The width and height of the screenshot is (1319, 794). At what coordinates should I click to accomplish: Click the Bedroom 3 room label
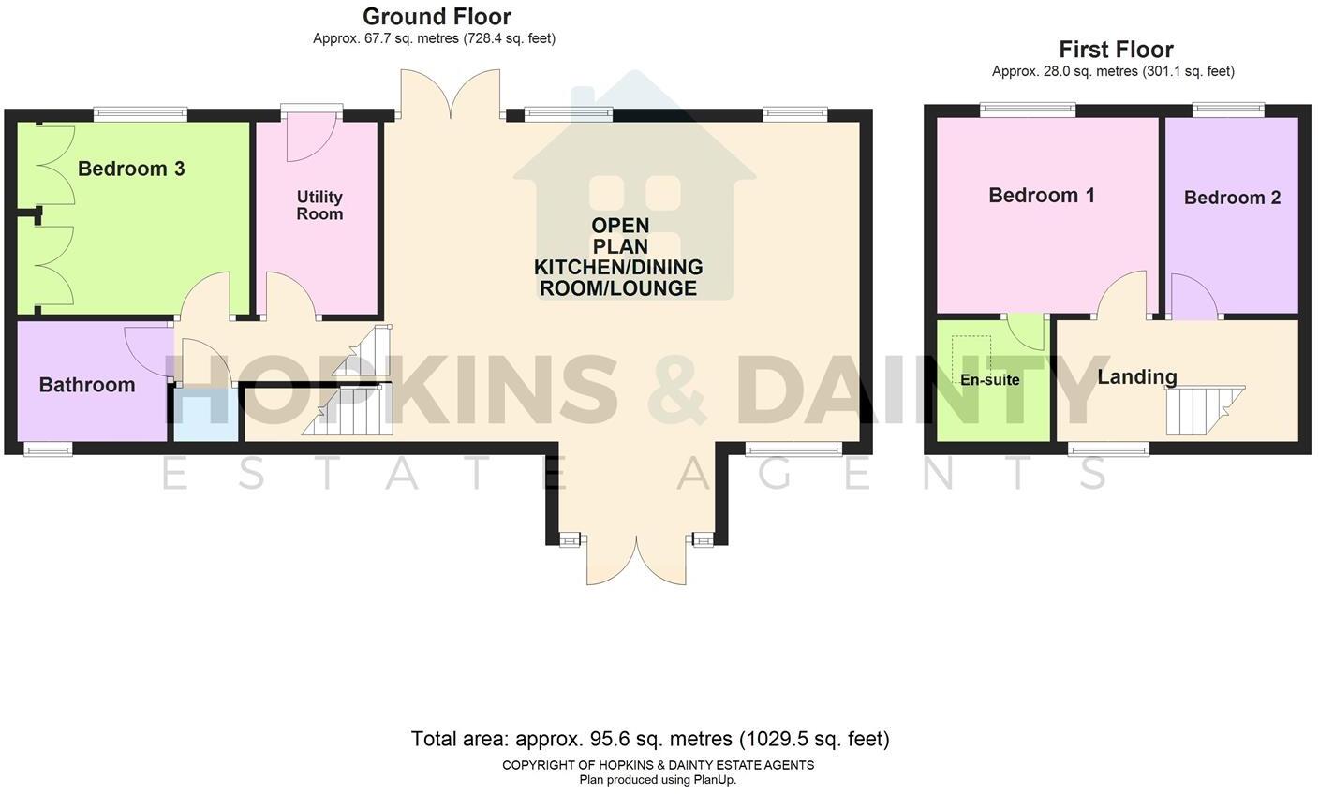click(x=131, y=169)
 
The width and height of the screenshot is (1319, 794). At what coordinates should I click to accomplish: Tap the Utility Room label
click(x=319, y=205)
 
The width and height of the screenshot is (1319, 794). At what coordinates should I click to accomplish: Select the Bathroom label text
click(x=87, y=385)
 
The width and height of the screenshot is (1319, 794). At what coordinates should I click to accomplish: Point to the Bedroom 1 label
click(x=1042, y=196)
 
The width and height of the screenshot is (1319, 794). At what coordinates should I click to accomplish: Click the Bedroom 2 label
click(x=1232, y=198)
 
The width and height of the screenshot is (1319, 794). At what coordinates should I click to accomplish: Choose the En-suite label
click(x=989, y=380)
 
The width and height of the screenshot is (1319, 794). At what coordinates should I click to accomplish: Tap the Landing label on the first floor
click(x=1137, y=377)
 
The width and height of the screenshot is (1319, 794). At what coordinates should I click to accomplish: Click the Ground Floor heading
click(x=437, y=17)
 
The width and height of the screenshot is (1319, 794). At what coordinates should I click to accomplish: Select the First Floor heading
click(x=1116, y=50)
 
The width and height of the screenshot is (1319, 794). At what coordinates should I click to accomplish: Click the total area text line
click(x=650, y=739)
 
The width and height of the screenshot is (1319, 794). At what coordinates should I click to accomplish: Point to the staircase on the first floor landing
click(x=1202, y=410)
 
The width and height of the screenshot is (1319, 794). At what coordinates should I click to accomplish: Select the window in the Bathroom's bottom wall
click(x=48, y=450)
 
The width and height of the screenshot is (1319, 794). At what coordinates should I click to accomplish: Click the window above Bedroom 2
click(x=1228, y=110)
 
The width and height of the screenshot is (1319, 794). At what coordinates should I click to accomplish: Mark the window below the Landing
click(x=1109, y=449)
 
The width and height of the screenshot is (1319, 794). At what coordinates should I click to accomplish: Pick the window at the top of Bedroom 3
click(x=141, y=114)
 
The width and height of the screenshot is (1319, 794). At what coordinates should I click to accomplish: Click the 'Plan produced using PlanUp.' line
click(x=658, y=780)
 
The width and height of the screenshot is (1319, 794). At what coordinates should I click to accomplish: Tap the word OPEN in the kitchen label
click(x=619, y=226)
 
